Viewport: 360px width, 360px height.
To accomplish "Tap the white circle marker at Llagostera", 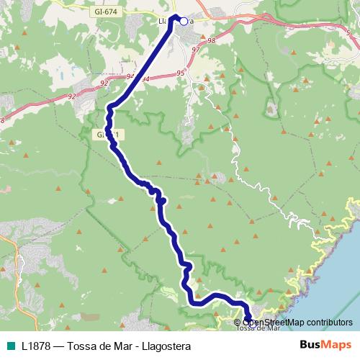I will coord(184,22).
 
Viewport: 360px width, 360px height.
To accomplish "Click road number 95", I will coord(179,73).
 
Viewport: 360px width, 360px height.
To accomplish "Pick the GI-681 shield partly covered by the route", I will coord(104,134).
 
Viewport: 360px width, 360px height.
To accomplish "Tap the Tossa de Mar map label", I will coord(258,328).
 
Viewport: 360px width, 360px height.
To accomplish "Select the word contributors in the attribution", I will coord(328,322).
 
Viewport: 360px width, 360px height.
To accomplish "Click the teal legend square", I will coord(10,346).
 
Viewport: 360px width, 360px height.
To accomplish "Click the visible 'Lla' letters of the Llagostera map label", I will coord(163,22).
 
